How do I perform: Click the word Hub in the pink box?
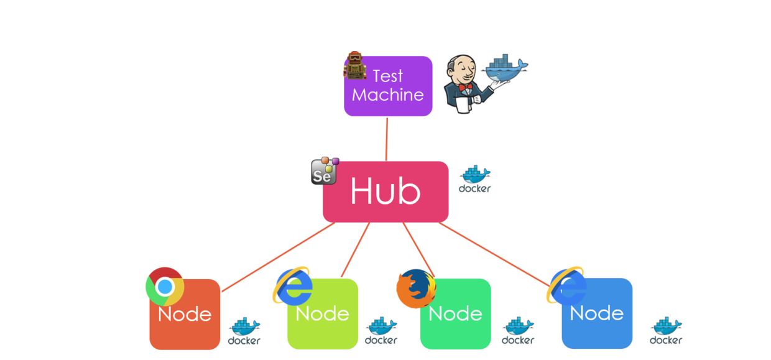(x=385, y=192)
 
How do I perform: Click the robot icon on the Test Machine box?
(x=354, y=67)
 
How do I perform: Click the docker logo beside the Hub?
(x=474, y=179)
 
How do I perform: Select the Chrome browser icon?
(x=164, y=286)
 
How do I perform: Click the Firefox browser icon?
(x=416, y=288)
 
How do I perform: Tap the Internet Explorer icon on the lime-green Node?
(x=292, y=286)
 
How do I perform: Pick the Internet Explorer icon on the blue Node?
(x=567, y=285)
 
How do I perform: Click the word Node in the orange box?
(x=185, y=315)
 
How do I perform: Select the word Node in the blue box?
(x=596, y=313)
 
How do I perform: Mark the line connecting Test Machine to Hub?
(x=387, y=139)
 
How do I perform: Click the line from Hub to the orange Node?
(x=280, y=257)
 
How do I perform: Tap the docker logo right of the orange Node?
(x=244, y=331)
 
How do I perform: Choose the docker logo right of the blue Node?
(x=666, y=331)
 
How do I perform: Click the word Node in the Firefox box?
(x=456, y=313)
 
